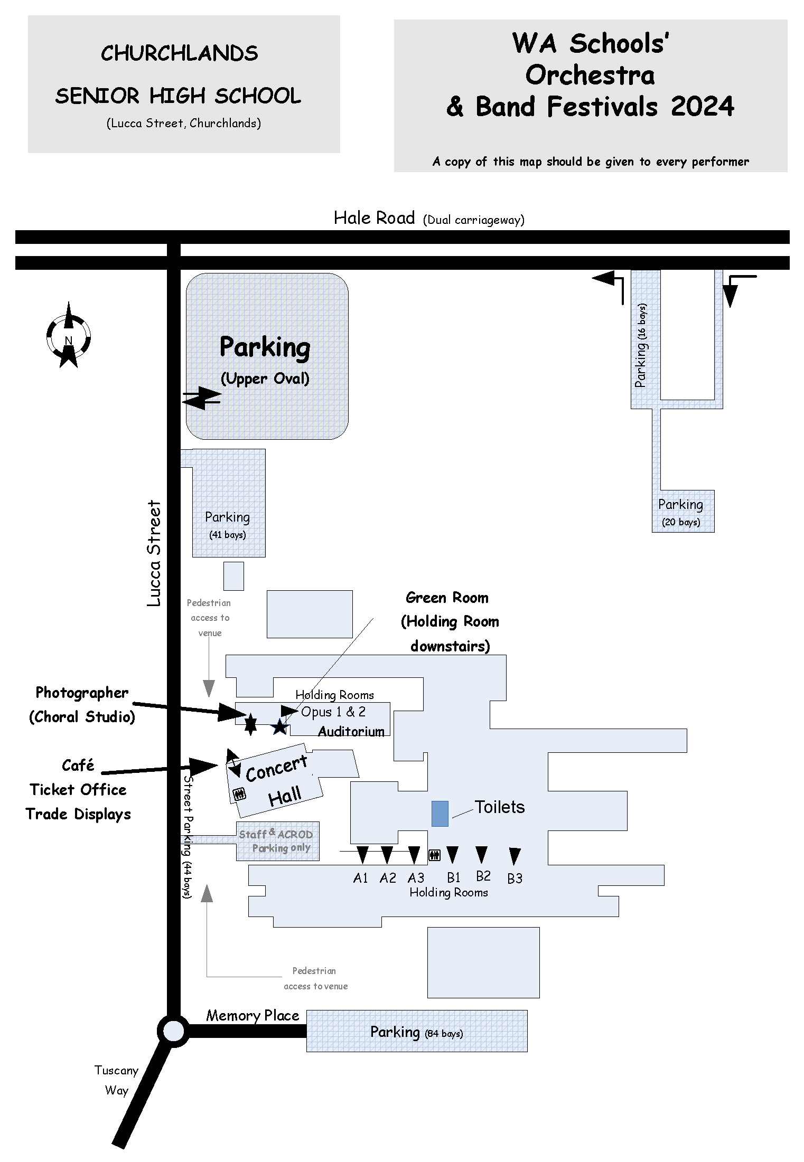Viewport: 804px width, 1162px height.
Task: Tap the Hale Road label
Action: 374,218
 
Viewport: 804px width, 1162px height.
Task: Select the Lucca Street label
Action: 154,553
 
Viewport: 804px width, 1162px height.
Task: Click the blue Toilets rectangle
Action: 440,813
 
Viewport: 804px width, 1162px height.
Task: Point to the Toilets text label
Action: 499,807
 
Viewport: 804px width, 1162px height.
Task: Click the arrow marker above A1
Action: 362,854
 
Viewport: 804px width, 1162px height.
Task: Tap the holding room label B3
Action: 515,878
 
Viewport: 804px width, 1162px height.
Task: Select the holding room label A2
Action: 388,878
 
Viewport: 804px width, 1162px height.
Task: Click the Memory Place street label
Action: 253,1015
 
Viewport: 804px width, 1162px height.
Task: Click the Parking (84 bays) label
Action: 416,1032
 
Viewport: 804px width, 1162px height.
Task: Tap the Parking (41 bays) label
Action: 227,524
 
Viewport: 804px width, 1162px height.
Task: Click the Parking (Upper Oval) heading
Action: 265,359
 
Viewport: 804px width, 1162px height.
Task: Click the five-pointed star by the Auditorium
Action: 279,727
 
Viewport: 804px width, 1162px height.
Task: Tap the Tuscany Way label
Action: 116,1080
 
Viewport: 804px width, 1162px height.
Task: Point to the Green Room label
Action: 447,598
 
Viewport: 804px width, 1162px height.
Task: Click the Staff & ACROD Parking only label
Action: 276,840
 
